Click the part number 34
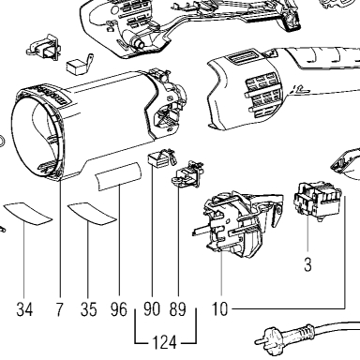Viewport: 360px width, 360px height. pos(24,309)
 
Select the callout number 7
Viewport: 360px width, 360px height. pos(59,309)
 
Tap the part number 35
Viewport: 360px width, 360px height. pos(88,309)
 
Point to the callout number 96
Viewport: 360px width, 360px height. pos(119,309)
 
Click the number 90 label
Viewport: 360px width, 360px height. pos(152,309)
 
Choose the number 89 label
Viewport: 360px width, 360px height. pos(177,309)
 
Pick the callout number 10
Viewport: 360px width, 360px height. pos(220,309)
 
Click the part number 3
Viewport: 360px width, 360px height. pos(307,265)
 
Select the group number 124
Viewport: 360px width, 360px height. pos(164,342)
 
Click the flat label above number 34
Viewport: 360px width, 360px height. pos(27,214)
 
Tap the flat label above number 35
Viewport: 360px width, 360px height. pos(92,214)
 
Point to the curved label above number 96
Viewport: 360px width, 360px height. pos(118,176)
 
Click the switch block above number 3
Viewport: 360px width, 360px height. pos(317,201)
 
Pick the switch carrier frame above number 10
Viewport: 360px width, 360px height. pos(237,224)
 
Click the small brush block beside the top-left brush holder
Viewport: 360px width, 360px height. pos(76,67)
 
